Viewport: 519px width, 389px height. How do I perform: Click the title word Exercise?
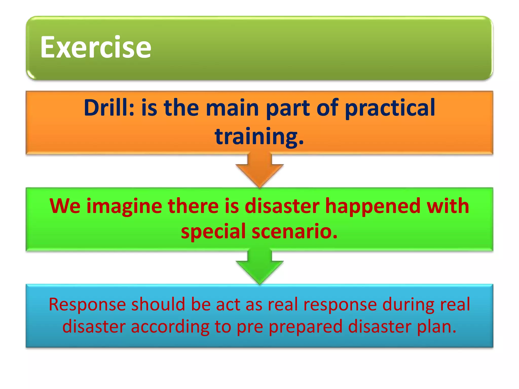(96, 47)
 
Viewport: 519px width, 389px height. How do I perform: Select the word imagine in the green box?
(124, 206)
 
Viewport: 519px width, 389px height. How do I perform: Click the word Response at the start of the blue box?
(87, 305)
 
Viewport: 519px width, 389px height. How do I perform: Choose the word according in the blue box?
(170, 327)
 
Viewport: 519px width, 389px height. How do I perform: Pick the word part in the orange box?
(288, 108)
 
